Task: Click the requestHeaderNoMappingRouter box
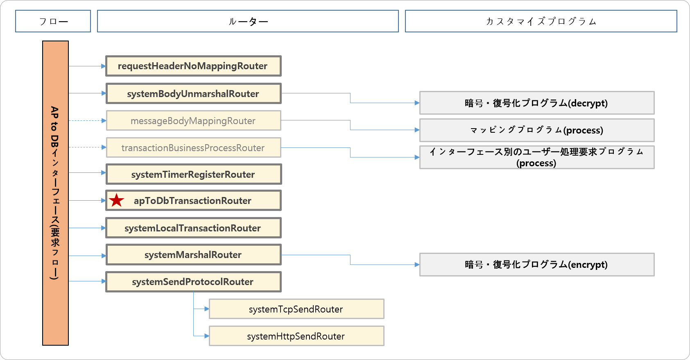pos(193,66)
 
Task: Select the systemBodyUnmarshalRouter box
pos(193,94)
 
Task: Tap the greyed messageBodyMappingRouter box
pos(193,121)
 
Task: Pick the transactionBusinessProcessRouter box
pos(193,148)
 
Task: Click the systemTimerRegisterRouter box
pos(193,174)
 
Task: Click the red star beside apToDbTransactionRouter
pos(117,201)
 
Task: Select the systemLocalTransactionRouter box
pos(193,228)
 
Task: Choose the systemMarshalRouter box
pos(193,255)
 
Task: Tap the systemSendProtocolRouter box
pos(193,282)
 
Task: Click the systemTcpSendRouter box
pos(296,309)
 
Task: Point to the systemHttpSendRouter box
pos(296,336)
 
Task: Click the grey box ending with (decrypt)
pos(537,103)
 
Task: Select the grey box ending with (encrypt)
pos(537,265)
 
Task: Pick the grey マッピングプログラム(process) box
pos(537,130)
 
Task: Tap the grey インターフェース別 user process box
pos(537,157)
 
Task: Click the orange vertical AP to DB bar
pos(55,193)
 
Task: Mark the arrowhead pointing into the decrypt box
pos(416,103)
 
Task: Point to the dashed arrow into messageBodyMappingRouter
pos(87,120)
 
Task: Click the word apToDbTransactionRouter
pos(192,201)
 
